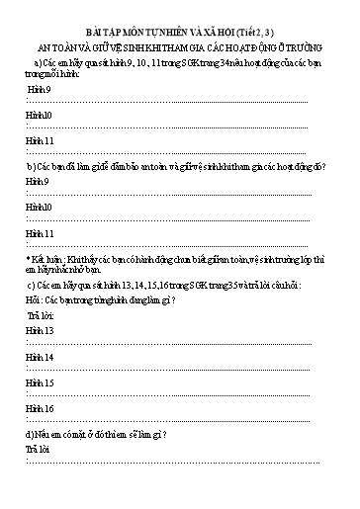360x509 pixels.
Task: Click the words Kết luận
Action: tap(48, 258)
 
